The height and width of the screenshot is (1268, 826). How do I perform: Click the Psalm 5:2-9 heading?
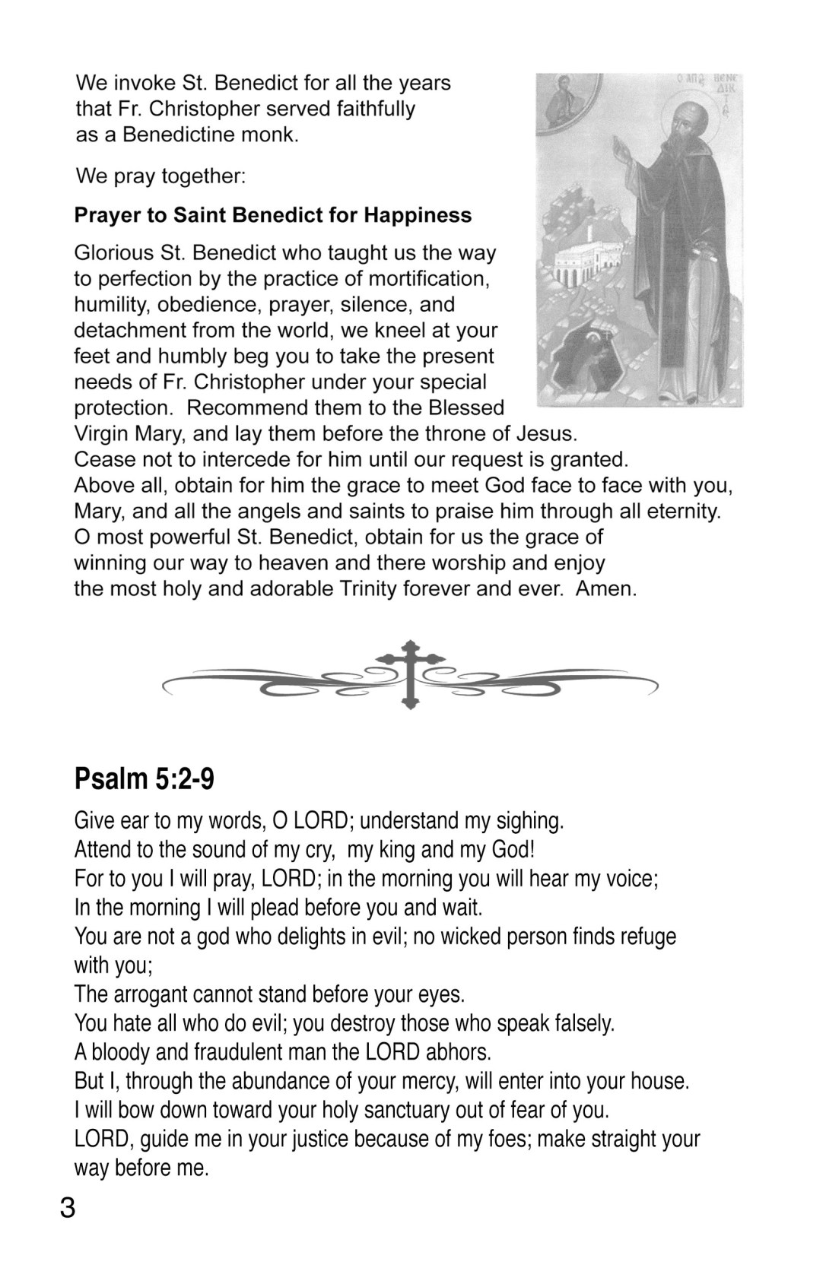coord(144,779)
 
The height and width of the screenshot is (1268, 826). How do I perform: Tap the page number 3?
coord(68,1207)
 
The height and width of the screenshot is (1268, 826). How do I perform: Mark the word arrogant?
coord(152,994)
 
